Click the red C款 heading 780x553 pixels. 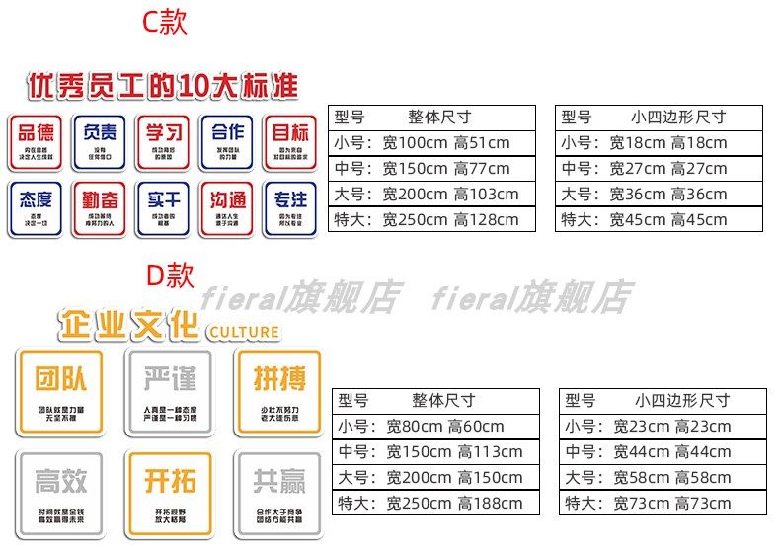click(164, 21)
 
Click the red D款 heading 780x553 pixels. click(170, 274)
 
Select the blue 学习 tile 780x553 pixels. click(163, 141)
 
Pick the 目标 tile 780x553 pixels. click(290, 141)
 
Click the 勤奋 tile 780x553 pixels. click(99, 206)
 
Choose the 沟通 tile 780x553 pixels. click(227, 206)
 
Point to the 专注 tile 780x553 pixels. click(290, 206)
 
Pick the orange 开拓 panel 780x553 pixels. click(169, 490)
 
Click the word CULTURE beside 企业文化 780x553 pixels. click(244, 333)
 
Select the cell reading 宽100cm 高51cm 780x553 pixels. click(446, 143)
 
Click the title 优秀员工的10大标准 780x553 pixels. click(163, 86)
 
